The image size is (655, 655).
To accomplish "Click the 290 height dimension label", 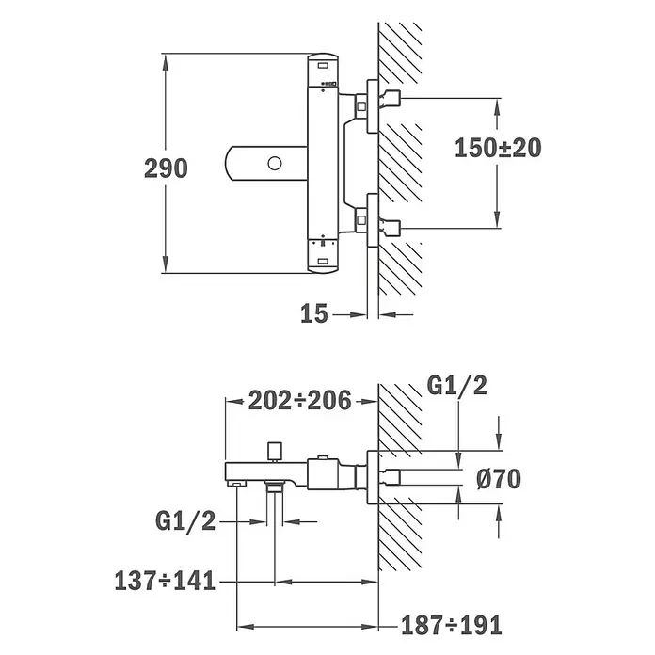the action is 166,168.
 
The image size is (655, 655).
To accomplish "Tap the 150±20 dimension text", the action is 498,148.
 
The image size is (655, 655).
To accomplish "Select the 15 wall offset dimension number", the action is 314,313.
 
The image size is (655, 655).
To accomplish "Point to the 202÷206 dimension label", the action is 300,401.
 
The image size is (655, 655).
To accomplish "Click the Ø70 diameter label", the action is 499,479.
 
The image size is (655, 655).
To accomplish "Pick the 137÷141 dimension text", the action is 165,581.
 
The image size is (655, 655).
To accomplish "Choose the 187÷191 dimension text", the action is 451,626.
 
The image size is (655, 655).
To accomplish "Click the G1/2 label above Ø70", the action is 457,386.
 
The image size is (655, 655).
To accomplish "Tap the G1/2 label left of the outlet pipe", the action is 185,521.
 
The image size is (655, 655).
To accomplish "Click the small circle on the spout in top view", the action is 275,164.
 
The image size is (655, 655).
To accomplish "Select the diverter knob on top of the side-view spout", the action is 275,450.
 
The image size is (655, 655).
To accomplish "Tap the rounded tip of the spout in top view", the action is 228,164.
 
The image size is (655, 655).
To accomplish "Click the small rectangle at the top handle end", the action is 323,65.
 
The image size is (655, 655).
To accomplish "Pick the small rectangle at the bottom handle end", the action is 323,262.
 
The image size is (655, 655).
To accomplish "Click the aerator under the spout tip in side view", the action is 236,484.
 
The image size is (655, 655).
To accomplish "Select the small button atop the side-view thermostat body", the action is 322,457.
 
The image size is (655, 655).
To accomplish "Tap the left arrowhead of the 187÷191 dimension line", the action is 246,626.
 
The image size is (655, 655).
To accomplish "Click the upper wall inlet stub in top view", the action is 391,98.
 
